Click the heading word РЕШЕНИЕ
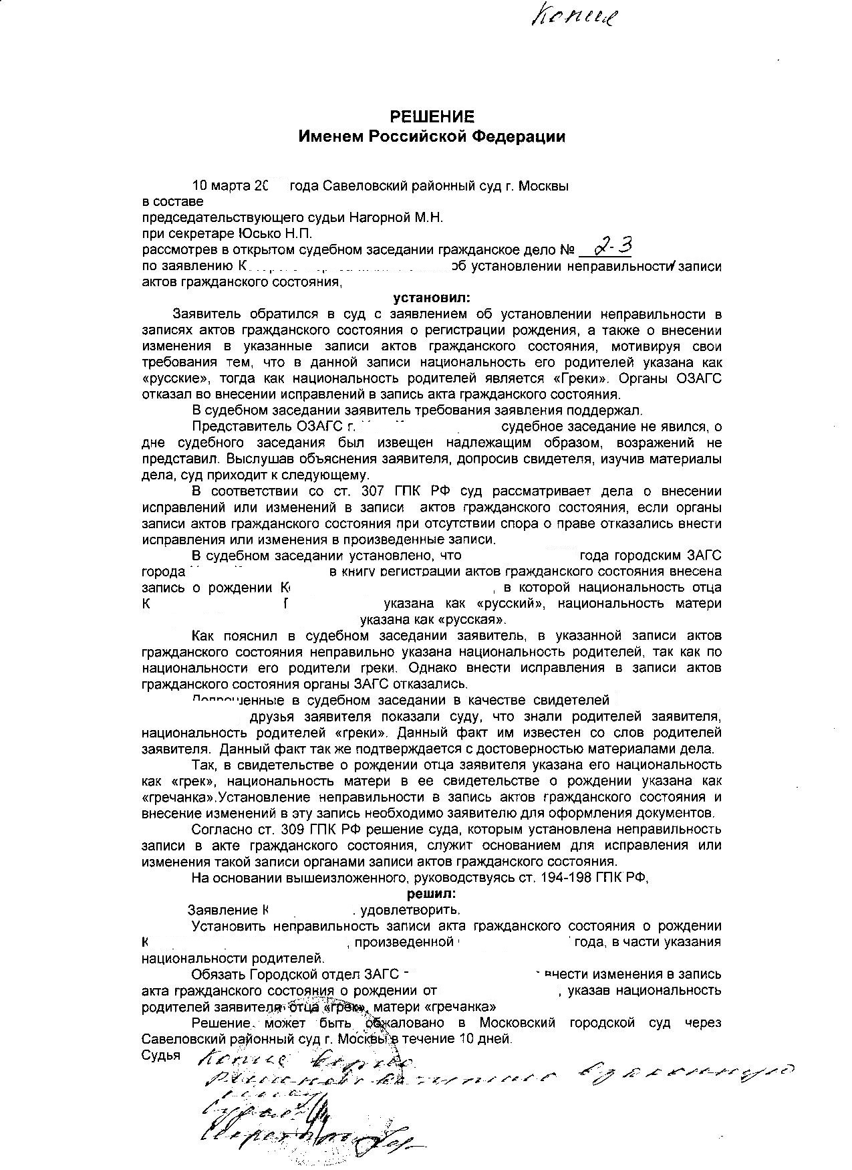click(x=432, y=117)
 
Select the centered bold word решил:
click(x=432, y=893)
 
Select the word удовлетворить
click(x=410, y=910)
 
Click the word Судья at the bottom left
click(x=161, y=1056)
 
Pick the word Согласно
click(x=221, y=830)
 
